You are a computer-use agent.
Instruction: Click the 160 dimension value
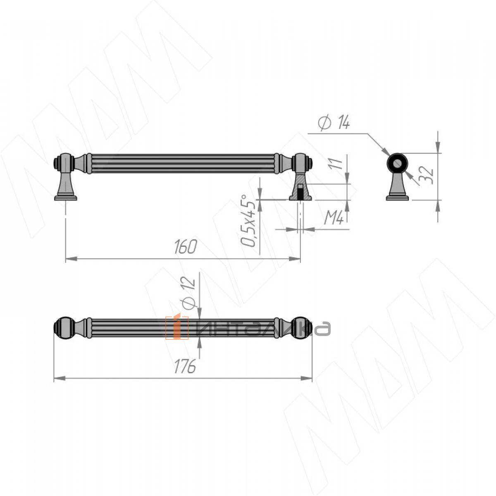click(186, 246)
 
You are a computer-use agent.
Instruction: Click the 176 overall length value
click(185, 366)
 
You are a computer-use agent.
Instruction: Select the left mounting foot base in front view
click(66, 198)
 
